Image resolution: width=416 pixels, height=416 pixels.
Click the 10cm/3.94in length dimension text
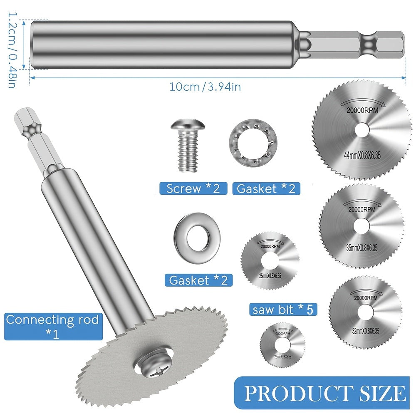click(205, 87)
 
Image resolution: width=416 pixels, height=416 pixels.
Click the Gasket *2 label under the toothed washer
click(266, 188)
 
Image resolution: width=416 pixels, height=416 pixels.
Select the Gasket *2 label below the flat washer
click(198, 280)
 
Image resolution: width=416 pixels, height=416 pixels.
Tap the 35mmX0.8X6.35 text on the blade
click(362, 248)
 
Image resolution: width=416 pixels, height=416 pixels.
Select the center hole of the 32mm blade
click(365, 312)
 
